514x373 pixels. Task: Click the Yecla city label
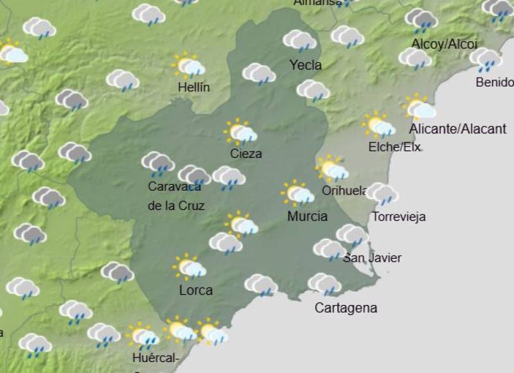tap(305, 65)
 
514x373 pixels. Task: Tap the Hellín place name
tap(194, 88)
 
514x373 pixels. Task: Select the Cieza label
tap(246, 153)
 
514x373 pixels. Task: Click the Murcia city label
tap(307, 216)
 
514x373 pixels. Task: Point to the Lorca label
tap(196, 290)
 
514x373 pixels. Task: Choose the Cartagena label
tap(346, 308)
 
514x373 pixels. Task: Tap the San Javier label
tap(372, 258)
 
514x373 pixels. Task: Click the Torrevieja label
tap(398, 216)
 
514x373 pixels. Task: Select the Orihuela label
tap(345, 190)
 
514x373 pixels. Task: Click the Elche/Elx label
tap(394, 147)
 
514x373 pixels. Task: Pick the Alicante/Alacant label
tap(457, 129)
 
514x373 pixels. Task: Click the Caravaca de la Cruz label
tap(175, 196)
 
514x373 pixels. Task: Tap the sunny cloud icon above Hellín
tap(188, 65)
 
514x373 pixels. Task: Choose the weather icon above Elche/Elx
tap(378, 125)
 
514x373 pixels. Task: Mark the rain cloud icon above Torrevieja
tap(383, 193)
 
